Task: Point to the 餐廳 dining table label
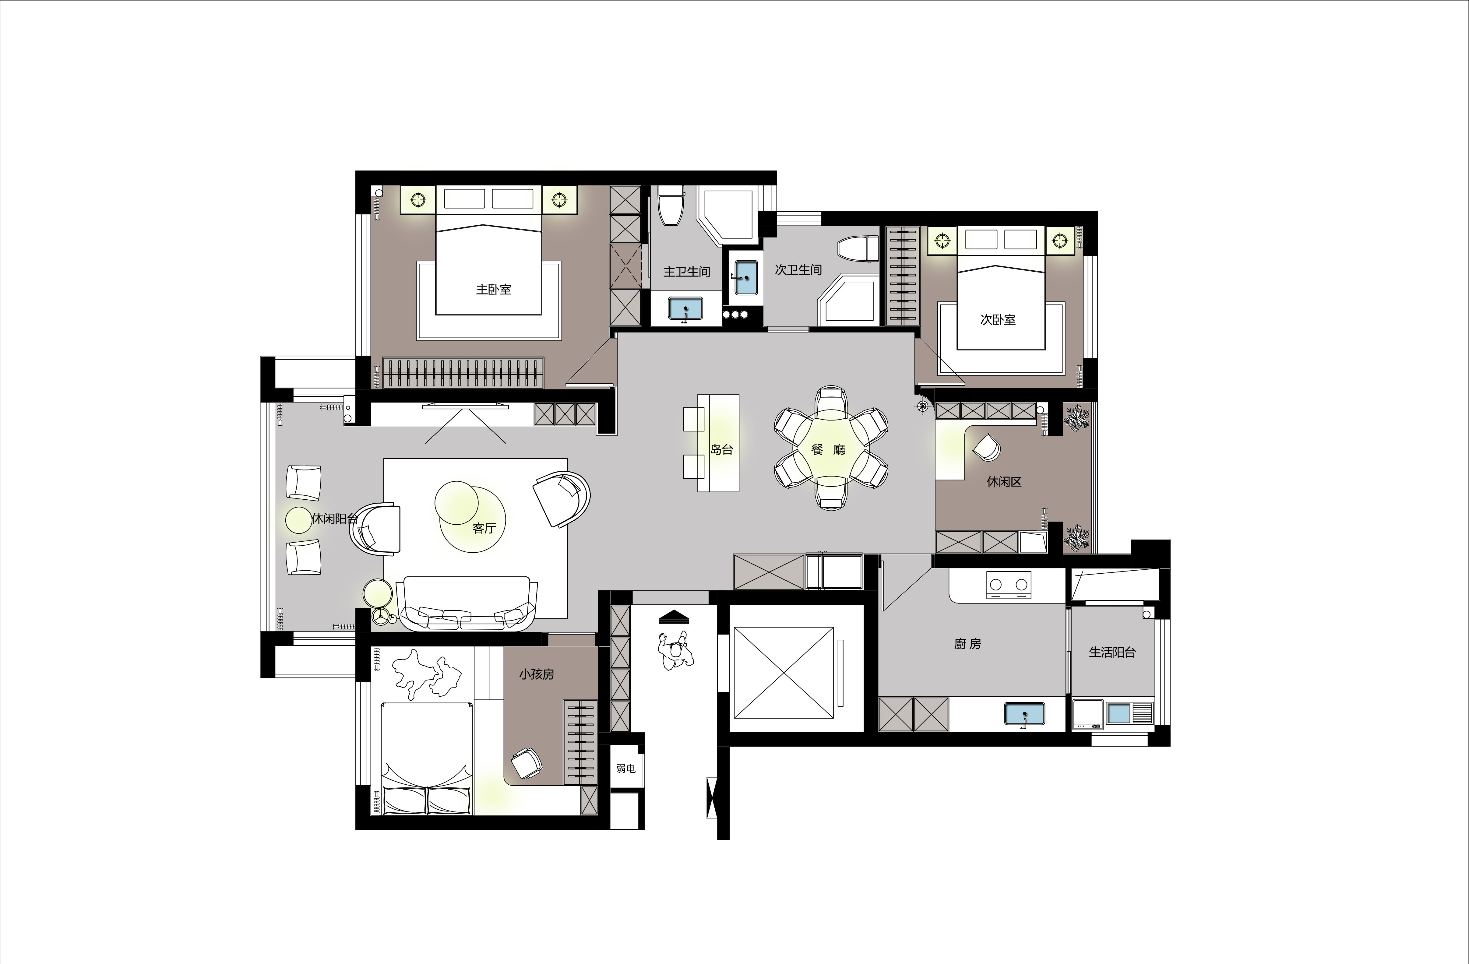pyautogui.click(x=828, y=449)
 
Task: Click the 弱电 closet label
pyautogui.click(x=625, y=768)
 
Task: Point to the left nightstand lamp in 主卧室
pyautogui.click(x=418, y=199)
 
